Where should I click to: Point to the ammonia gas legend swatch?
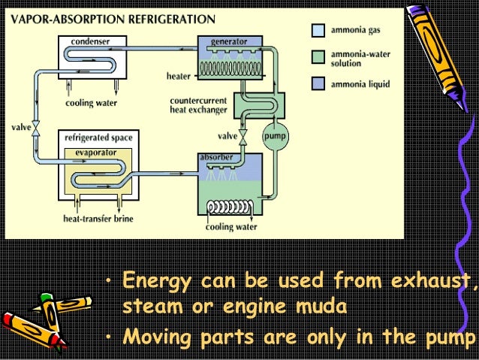click(x=318, y=31)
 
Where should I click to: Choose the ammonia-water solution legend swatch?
click(x=318, y=57)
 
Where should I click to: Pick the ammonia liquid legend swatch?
click(x=318, y=84)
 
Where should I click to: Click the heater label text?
click(x=178, y=76)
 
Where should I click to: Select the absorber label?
click(x=215, y=156)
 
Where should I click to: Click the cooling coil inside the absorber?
click(x=230, y=206)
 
